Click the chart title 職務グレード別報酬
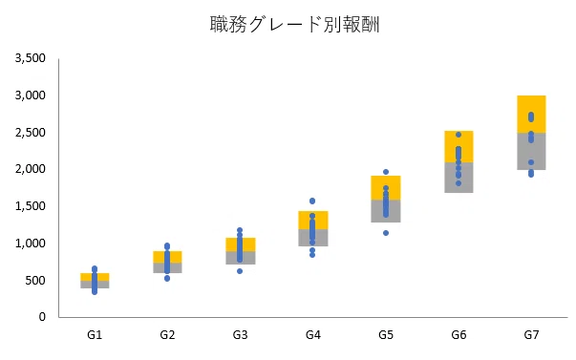point(294,25)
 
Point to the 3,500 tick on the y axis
point(31,58)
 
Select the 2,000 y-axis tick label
point(31,169)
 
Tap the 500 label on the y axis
point(35,281)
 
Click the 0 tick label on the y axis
point(42,317)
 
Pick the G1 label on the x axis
point(95,335)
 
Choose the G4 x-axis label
point(313,335)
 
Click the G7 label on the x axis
point(531,335)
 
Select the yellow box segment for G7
point(531,115)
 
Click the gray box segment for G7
point(531,151)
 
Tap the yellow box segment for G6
point(459,146)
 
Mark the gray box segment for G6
point(459,178)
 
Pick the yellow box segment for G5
point(386,188)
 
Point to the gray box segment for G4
point(313,238)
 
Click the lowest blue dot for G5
point(386,233)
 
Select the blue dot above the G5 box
point(386,172)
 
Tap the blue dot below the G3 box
point(240,271)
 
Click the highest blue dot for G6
point(459,135)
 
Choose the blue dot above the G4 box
point(312,201)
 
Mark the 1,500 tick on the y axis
point(31,206)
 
